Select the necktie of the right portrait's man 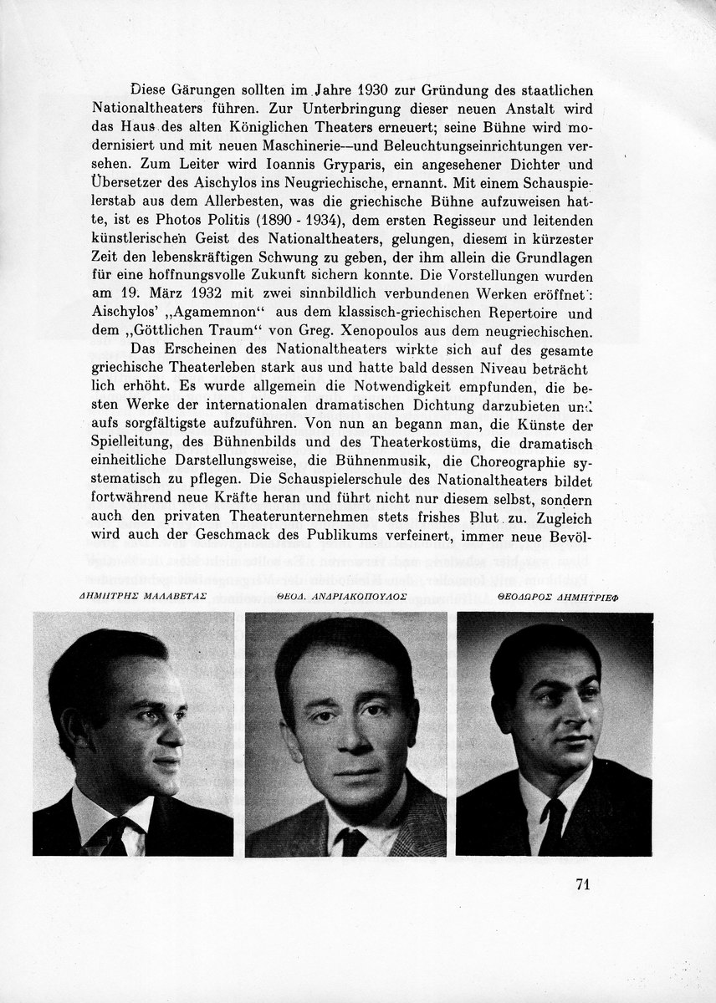pyautogui.click(x=554, y=825)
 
